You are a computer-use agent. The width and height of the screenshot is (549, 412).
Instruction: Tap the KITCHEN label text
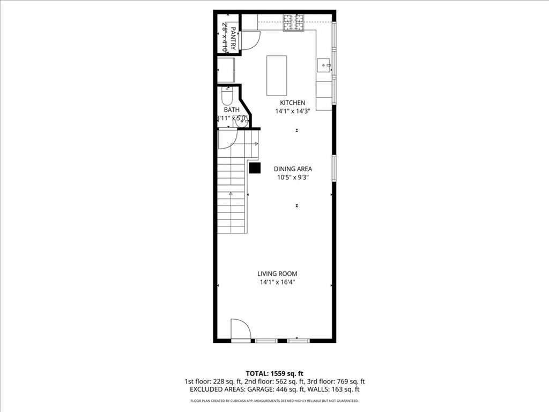point(292,102)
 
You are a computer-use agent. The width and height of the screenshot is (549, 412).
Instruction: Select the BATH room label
point(232,110)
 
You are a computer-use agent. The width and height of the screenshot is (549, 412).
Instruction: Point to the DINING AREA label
point(293,168)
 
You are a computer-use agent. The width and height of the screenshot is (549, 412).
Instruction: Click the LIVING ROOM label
point(277,274)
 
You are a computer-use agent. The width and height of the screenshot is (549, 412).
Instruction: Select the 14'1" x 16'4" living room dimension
point(277,282)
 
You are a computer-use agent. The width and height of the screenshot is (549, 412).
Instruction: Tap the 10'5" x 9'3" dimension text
point(293,177)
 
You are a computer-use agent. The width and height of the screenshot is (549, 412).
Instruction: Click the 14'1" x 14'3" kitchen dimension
point(292,111)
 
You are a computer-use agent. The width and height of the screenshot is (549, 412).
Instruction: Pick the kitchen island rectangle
point(277,75)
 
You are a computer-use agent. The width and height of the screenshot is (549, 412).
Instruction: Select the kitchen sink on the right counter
point(324,65)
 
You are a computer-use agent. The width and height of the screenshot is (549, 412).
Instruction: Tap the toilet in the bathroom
point(226,97)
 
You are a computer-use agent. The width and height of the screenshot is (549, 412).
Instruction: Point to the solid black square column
point(255,168)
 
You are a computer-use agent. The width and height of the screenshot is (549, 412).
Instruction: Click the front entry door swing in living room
point(240,329)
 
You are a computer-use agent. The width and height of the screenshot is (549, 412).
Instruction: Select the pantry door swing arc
point(249,40)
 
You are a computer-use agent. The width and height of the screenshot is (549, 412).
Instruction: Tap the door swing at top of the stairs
point(227,139)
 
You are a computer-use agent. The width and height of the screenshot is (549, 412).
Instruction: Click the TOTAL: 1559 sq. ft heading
point(274,373)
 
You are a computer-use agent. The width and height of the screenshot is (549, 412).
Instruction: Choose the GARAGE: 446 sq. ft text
point(301,389)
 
